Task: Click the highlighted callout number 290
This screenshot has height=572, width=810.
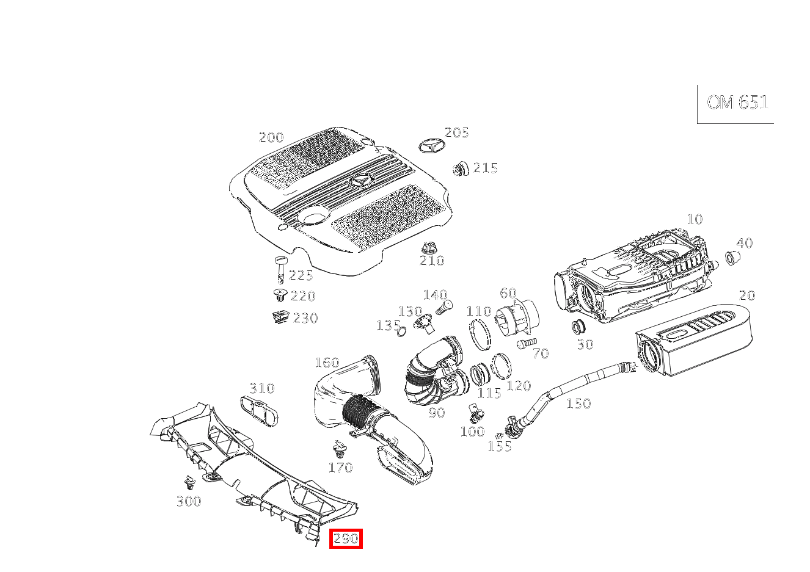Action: click(346, 538)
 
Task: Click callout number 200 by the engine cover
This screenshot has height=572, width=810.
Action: click(271, 137)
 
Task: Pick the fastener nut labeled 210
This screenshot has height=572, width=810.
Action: click(430, 248)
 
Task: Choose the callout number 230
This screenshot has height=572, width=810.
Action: click(305, 318)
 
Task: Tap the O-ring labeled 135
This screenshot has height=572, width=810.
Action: click(401, 331)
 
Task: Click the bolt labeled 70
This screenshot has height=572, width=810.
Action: click(525, 344)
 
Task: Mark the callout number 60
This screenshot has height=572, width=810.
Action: click(508, 294)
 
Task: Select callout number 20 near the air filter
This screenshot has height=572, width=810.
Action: click(746, 295)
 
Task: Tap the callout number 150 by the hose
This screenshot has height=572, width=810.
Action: click(578, 404)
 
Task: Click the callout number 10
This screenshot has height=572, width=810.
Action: click(695, 219)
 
